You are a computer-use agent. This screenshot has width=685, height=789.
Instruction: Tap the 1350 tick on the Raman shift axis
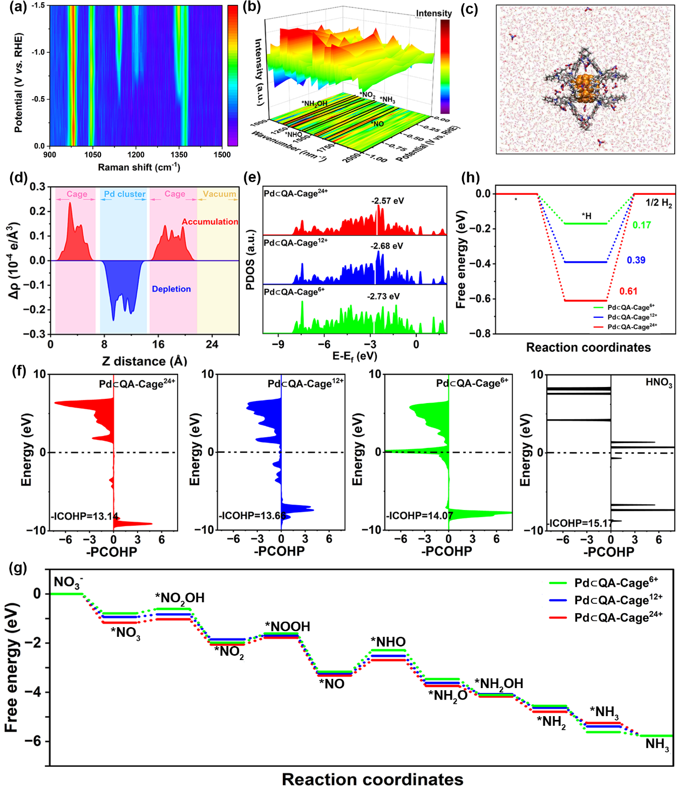[179, 155]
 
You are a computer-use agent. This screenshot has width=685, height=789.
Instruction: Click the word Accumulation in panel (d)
[209, 222]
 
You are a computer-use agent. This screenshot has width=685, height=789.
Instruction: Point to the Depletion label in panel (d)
[171, 289]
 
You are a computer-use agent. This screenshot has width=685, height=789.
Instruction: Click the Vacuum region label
[219, 194]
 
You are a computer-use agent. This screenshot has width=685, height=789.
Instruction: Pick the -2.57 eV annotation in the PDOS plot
[388, 201]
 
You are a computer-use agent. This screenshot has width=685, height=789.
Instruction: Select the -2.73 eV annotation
[383, 297]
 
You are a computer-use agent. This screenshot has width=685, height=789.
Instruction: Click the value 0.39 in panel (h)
[636, 260]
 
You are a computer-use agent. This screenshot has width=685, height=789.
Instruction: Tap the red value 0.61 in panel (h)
[628, 291]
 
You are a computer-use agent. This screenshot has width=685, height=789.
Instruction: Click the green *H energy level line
[585, 223]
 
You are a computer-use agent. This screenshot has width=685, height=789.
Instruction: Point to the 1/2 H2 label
[659, 203]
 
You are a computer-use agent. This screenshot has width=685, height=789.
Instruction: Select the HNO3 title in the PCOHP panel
[659, 383]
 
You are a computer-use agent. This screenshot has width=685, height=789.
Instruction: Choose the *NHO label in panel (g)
[388, 642]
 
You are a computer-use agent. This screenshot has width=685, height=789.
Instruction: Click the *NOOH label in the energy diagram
[287, 627]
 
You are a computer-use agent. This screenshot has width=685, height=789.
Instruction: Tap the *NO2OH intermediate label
[180, 598]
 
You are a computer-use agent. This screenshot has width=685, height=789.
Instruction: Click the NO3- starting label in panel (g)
[68, 582]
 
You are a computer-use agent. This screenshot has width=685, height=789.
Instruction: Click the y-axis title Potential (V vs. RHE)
[19, 83]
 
